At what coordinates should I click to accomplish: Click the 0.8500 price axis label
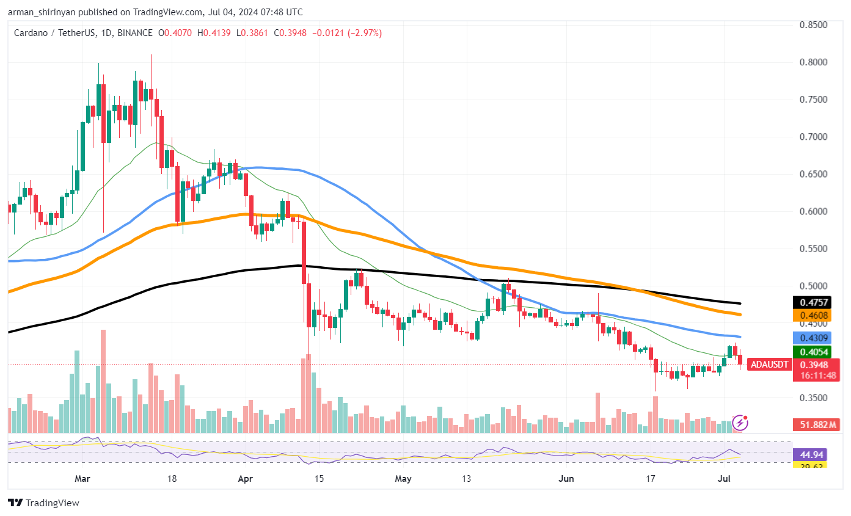[814, 25]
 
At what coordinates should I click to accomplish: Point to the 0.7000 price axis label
[814, 137]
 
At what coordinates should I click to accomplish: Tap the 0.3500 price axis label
[814, 398]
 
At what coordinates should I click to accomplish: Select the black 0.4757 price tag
[811, 302]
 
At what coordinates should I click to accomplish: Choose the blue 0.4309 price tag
[811, 337]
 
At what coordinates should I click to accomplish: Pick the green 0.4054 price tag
[811, 352]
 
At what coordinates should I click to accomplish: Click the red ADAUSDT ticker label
[770, 365]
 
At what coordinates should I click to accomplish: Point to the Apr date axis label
[245, 479]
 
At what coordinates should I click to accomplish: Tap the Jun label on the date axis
[566, 479]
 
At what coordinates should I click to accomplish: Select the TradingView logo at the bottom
[43, 503]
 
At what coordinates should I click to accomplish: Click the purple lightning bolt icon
[740, 422]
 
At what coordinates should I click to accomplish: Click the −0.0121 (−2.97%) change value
[347, 33]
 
